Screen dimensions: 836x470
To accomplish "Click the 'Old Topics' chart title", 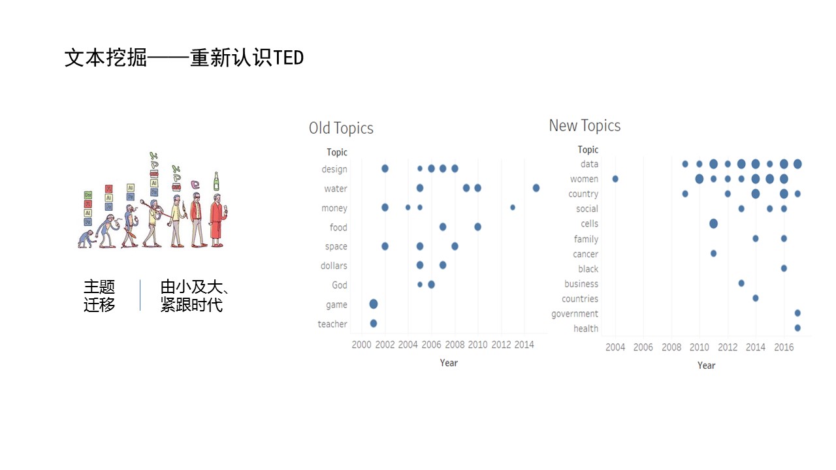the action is click(341, 129).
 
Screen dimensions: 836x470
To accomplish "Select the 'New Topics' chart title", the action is click(585, 126).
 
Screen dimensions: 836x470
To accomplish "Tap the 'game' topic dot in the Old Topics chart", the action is click(373, 304).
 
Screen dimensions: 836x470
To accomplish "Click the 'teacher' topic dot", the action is click(373, 323).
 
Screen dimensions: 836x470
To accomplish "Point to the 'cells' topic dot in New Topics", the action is click(713, 223).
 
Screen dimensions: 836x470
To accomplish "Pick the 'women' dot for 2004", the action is click(615, 179).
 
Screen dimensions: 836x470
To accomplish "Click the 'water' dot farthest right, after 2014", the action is click(536, 188).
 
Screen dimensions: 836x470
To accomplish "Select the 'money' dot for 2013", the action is click(513, 208).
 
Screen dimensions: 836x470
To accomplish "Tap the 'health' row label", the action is click(586, 328).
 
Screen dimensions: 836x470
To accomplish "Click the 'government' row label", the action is click(574, 314).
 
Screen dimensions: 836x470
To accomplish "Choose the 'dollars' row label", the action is click(334, 266).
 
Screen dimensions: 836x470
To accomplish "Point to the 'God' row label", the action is click(339, 285).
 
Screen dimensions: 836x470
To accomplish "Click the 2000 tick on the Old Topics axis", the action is click(361, 345).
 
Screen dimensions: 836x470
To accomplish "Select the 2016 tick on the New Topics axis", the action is click(783, 347).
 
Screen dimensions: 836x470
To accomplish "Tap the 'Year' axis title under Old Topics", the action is click(449, 363).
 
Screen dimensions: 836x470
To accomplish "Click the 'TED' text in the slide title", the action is click(289, 58).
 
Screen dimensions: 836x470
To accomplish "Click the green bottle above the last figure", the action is click(216, 181).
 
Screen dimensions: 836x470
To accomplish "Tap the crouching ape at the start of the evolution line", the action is click(86, 239).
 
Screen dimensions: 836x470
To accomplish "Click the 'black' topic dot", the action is click(784, 268).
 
